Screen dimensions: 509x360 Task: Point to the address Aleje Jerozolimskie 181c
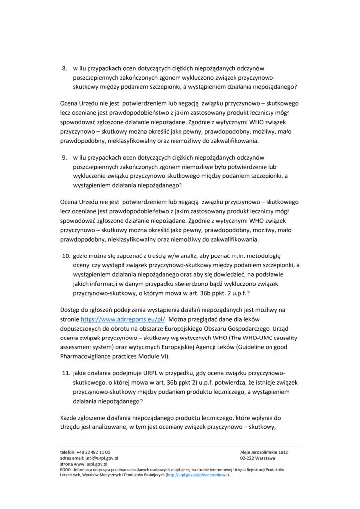click(x=264, y=452)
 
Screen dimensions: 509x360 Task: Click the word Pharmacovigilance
click(x=88, y=347)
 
